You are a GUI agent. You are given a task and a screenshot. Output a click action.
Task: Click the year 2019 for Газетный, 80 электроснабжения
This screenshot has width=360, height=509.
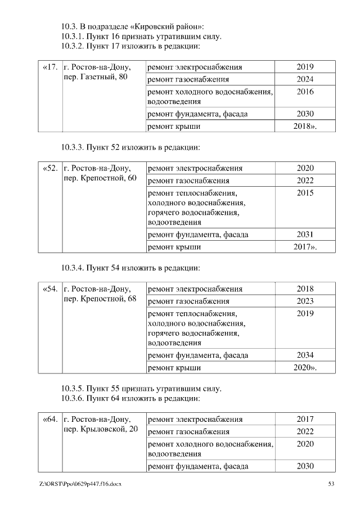point(305,67)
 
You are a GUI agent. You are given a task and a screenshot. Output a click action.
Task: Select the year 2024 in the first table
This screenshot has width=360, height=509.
point(305,79)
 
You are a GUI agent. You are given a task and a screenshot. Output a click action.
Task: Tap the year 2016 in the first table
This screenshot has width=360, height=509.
point(305,92)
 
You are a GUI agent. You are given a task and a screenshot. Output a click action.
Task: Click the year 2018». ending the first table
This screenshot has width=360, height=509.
point(305,126)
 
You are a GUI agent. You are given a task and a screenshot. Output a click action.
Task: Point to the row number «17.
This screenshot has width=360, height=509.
point(50,67)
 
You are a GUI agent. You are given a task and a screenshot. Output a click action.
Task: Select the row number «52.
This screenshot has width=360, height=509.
point(50,168)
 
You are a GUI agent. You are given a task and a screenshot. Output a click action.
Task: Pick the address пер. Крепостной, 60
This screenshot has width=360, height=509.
point(101,178)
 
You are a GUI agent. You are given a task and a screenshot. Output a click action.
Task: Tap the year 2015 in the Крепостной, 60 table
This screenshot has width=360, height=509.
point(305,193)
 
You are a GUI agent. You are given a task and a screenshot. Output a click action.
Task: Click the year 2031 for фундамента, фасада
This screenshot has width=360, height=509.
point(305,235)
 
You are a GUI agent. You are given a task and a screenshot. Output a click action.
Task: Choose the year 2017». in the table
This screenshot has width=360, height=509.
point(305,246)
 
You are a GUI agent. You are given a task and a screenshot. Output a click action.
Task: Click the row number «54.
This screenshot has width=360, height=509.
point(50,289)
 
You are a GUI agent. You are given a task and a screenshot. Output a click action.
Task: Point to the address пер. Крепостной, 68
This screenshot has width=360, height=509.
point(101,299)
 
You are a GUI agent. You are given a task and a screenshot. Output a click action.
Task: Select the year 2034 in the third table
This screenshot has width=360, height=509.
point(305,355)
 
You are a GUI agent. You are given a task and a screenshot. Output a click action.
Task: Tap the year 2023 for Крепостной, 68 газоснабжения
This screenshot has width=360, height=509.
point(305,301)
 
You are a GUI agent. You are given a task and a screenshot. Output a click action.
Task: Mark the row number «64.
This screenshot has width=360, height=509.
point(50,420)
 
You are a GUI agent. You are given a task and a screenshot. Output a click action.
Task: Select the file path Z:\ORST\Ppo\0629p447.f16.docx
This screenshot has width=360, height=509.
point(80,484)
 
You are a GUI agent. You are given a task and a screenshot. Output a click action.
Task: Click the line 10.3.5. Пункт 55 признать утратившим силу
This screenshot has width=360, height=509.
point(141,389)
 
